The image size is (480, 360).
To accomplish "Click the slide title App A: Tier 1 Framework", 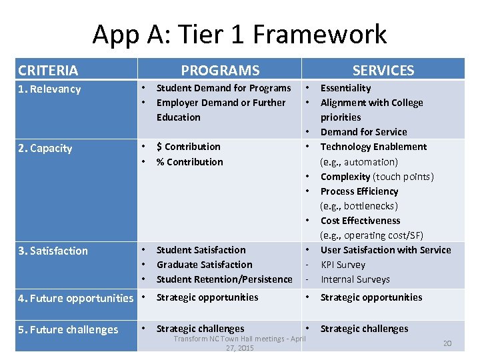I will [239, 34].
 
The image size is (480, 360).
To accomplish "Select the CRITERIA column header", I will [48, 70].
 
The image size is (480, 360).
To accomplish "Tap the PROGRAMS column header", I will [220, 70].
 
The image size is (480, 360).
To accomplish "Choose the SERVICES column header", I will [383, 70].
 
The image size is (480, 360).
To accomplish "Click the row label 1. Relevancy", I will [49, 89].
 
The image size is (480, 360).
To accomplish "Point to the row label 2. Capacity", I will [45, 148].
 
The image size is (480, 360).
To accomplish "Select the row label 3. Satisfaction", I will [53, 251].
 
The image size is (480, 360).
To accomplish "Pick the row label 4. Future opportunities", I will [75, 298].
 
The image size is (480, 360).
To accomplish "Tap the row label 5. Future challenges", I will [69, 329].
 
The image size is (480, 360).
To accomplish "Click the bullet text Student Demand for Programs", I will [223, 88].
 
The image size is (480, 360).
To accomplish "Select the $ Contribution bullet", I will [188, 147].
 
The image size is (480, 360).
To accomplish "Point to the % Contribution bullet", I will [189, 162].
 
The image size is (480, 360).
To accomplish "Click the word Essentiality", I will [345, 88].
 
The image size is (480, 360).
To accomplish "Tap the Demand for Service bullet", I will [363, 132].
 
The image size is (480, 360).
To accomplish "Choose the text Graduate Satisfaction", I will [204, 265].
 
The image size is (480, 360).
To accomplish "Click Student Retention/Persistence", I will [224, 279].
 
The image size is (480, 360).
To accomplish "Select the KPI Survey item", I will [343, 265].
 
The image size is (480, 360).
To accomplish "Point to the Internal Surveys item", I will [355, 279].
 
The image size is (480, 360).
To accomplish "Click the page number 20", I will [447, 343].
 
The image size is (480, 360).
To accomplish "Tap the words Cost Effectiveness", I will [360, 221].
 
